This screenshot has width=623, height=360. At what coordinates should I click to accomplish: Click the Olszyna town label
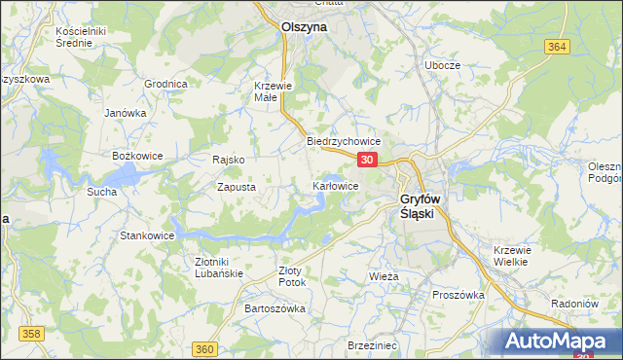pos(303,28)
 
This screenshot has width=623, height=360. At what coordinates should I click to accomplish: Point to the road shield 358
pos(32,334)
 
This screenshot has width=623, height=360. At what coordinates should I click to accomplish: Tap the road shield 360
pos(204,348)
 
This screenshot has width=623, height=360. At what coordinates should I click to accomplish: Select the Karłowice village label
pos(335,186)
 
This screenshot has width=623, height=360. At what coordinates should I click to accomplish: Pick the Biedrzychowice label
pos(343,141)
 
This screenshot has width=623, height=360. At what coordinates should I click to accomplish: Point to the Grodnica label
pos(165,84)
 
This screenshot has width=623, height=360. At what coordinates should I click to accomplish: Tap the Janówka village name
pos(125,113)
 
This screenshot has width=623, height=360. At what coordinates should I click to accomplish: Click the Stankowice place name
pos(146,235)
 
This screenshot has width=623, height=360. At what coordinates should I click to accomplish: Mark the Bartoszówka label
pos(275,308)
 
